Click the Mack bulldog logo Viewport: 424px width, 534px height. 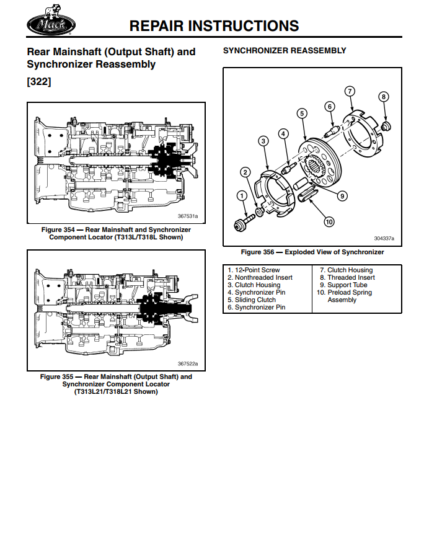tap(51, 24)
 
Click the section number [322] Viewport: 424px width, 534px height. tap(39, 81)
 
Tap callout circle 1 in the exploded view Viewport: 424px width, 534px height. tap(242, 196)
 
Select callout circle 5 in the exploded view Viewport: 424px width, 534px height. tap(302, 113)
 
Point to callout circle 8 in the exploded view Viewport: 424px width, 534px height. tap(384, 97)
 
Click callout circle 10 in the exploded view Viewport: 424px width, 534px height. tap(329, 221)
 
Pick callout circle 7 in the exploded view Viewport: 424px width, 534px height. tap(350, 92)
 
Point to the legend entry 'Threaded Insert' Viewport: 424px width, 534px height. tap(347, 278)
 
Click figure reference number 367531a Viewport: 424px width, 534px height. tap(187, 216)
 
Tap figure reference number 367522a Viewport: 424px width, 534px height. tap(187, 363)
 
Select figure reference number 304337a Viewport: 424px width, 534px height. tap(384, 238)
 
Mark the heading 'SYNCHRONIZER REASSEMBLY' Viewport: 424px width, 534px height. tap(285, 50)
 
